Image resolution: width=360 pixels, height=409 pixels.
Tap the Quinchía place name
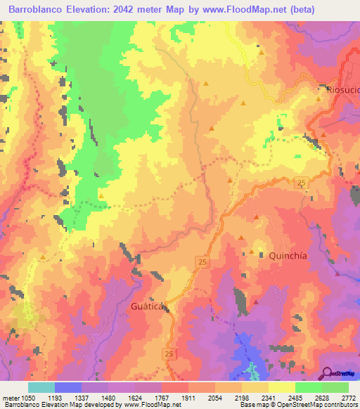coord(288,256)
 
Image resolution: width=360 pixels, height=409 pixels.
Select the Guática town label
coord(147,307)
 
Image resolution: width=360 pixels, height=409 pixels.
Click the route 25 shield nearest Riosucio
coord(301,183)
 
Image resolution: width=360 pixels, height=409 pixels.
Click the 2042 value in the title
coord(156,10)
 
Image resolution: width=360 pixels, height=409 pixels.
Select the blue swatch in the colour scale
coord(68,387)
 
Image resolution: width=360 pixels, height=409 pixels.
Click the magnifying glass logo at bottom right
coord(327,373)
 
